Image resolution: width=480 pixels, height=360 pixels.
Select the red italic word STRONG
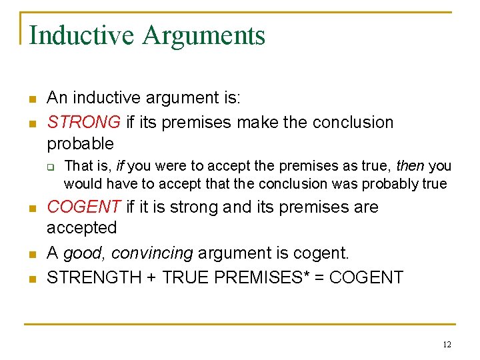tap(83, 123)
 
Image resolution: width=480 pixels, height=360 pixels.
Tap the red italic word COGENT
tap(83, 207)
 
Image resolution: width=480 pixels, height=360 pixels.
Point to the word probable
tap(80, 143)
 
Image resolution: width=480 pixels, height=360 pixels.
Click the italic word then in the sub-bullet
tap(411, 165)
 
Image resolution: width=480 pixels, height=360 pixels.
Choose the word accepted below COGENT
tap(81, 228)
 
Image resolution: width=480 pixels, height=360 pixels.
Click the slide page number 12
tap(446, 345)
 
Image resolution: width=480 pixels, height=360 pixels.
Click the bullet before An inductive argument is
tap(31, 99)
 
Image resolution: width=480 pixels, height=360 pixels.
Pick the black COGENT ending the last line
tap(366, 277)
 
